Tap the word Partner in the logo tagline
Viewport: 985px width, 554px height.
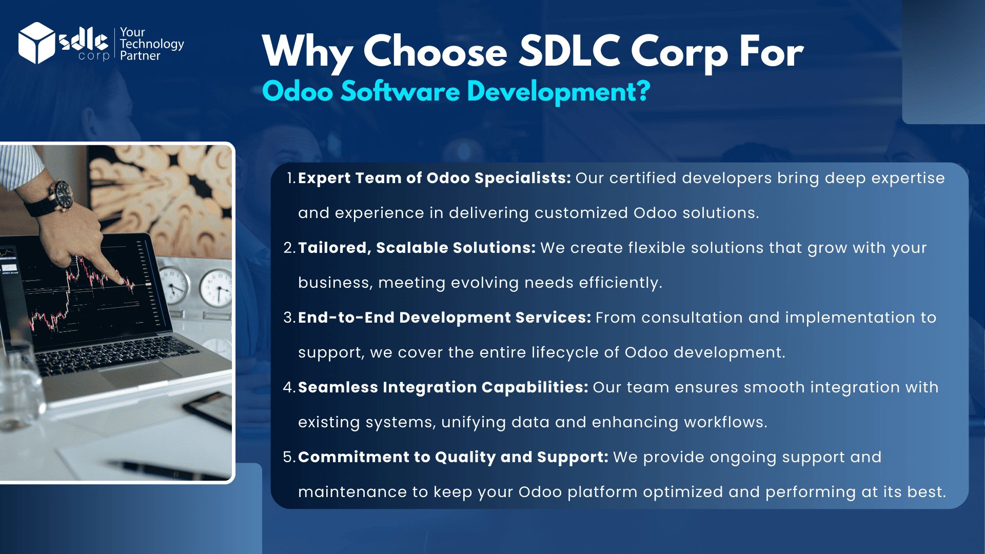(140, 55)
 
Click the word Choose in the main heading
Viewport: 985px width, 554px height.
(436, 52)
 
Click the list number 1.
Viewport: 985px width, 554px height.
(291, 178)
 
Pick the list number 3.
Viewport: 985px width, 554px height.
(290, 318)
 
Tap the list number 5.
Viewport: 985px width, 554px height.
(290, 457)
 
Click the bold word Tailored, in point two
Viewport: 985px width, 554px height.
(334, 248)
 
